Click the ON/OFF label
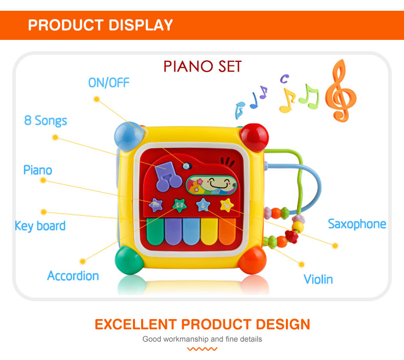coord(109,82)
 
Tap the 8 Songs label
coord(46,121)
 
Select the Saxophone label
coord(356,223)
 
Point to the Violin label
coord(318,279)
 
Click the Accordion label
coord(73,276)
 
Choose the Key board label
coord(40,226)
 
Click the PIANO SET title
coord(202,66)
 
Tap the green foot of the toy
coord(128,260)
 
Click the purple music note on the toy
coord(168,176)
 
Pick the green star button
coord(179,205)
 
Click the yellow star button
coord(227,205)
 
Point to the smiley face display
coord(212,184)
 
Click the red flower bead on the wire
coord(292,236)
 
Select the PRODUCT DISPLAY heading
coord(100,25)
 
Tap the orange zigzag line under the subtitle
coord(202,349)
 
